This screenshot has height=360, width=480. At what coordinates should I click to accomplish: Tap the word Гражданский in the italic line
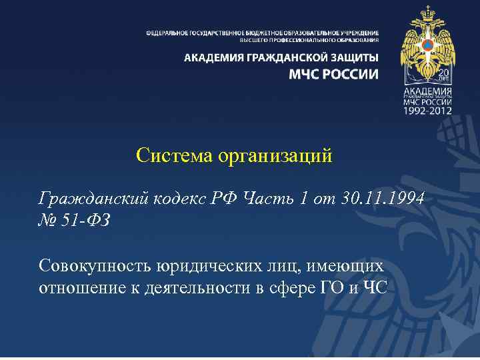93,198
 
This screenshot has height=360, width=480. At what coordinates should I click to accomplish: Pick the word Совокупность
96,267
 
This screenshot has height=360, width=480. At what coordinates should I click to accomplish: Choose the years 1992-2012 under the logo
427,110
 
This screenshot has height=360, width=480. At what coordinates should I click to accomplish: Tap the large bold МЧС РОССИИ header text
333,74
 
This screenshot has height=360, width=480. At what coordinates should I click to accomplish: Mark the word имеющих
347,267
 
